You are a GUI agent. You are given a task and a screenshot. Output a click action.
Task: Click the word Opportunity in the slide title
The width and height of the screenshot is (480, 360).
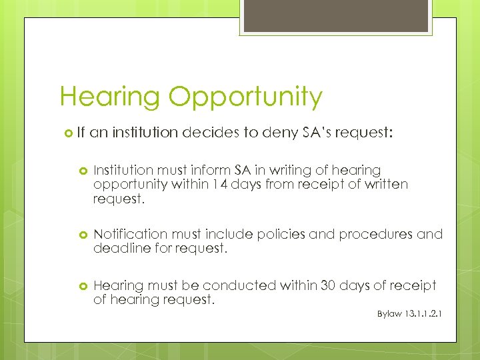(x=245, y=97)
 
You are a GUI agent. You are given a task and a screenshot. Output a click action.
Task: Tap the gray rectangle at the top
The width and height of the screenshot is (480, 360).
(x=337, y=17)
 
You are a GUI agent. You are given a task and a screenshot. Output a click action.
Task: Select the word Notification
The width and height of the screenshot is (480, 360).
(x=130, y=234)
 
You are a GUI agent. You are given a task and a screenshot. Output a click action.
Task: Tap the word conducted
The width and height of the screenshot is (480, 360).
(x=239, y=285)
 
